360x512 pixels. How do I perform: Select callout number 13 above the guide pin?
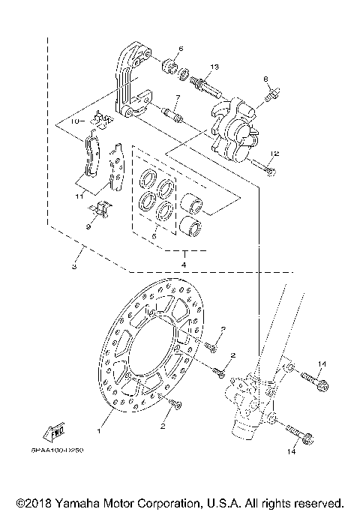(214, 67)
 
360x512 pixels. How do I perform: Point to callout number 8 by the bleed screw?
(265, 79)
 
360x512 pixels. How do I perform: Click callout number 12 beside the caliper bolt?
(274, 154)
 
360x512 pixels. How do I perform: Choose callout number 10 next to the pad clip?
(75, 120)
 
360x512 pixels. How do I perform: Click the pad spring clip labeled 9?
(101, 209)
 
